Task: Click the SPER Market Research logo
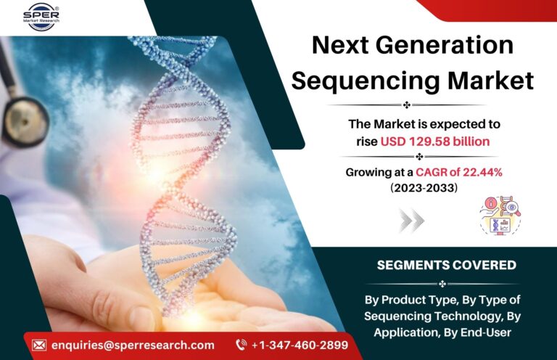(x=41, y=16)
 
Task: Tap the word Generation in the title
(x=444, y=45)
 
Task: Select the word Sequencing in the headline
(x=366, y=81)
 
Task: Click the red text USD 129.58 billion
(x=435, y=142)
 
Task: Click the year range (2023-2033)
(x=424, y=187)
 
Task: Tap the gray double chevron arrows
(x=412, y=221)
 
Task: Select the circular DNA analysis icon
(x=500, y=216)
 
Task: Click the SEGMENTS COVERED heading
(x=447, y=265)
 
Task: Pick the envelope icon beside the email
(x=39, y=345)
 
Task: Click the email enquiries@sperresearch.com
(x=133, y=345)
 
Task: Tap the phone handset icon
(x=242, y=345)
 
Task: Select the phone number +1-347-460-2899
(x=300, y=345)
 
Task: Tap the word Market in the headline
(x=490, y=81)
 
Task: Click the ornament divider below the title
(x=407, y=105)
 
